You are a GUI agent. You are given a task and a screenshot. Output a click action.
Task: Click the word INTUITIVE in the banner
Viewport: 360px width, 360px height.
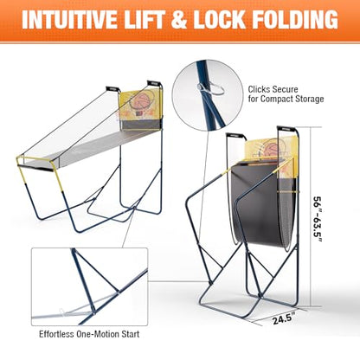[69, 20]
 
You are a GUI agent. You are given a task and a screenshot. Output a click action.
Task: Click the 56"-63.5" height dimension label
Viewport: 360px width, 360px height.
[318, 220]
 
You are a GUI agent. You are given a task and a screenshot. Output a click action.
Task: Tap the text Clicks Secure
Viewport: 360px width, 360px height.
[273, 89]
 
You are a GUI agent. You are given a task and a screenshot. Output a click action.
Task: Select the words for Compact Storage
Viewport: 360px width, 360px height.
[286, 99]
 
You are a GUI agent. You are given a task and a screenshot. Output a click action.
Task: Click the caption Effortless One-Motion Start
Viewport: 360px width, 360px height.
[89, 334]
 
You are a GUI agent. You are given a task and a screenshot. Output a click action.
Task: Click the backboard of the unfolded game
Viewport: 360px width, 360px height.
[140, 106]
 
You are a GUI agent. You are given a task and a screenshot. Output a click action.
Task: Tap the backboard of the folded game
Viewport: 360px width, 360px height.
[271, 150]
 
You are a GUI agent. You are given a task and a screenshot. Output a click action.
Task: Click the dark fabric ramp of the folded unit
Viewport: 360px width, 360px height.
[260, 202]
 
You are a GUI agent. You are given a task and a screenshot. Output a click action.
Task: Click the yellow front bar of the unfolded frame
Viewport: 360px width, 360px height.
[35, 159]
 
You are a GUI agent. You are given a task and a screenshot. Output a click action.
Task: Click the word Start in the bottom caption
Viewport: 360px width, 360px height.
[130, 334]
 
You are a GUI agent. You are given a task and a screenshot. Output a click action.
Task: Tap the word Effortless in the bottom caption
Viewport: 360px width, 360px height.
[56, 334]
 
